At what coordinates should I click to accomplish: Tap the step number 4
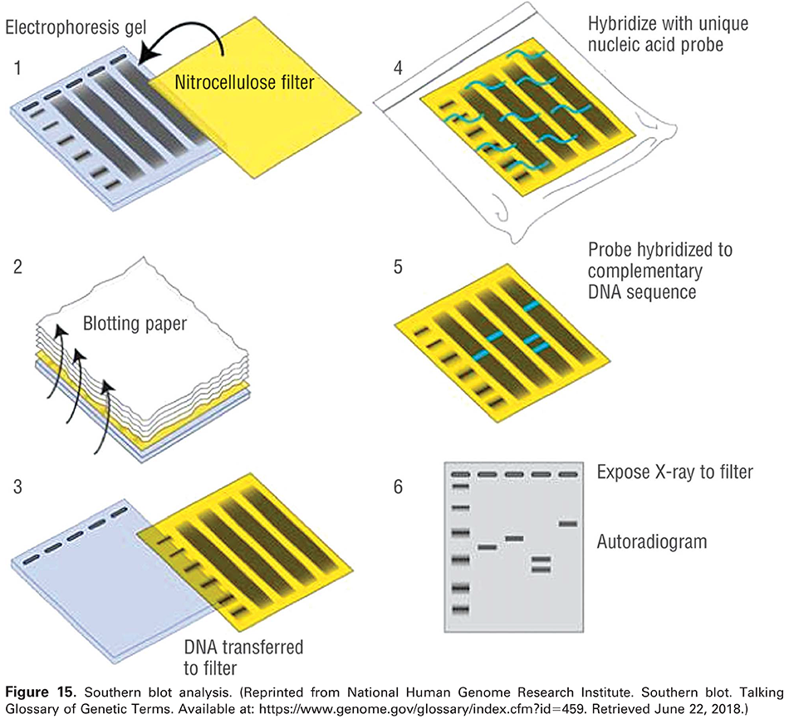point(399,67)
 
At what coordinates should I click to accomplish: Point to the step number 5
point(399,268)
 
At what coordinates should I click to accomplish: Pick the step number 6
point(399,486)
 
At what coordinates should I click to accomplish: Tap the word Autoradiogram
point(652,542)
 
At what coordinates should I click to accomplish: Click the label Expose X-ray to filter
point(674,472)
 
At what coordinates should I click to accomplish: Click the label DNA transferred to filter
point(243,656)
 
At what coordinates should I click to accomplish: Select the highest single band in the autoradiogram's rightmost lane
point(568,524)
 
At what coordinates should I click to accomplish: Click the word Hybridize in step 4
point(620,23)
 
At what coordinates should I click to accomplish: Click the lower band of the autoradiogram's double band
point(540,570)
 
